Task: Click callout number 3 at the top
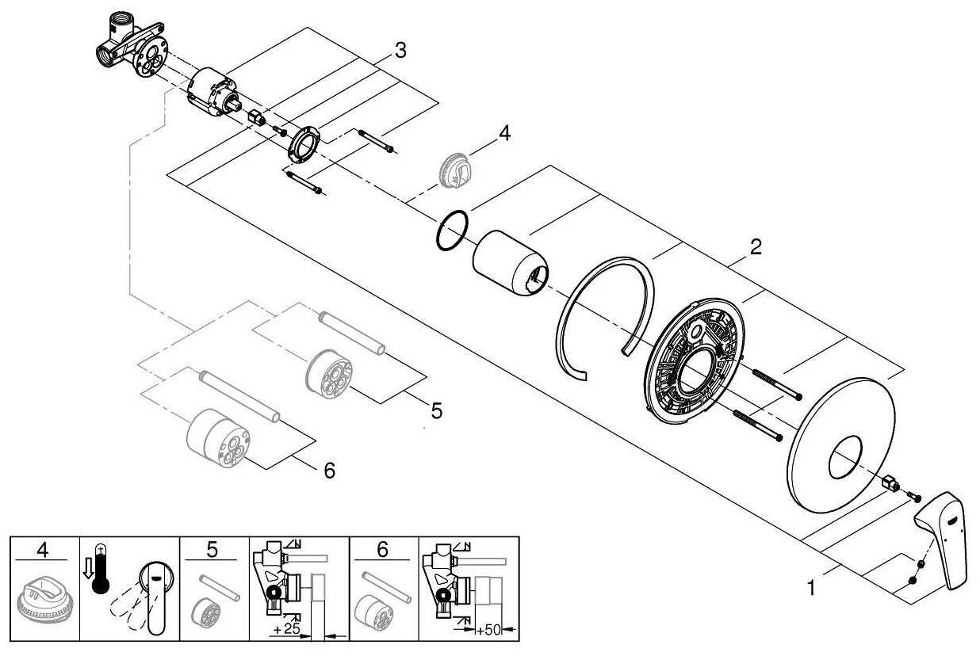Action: click(400, 51)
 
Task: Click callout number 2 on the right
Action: click(756, 246)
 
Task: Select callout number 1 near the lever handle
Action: click(810, 588)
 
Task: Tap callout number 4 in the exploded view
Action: click(504, 133)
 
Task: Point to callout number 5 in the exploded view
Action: click(436, 410)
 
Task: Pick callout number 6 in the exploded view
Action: click(329, 470)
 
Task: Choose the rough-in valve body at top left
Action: click(131, 52)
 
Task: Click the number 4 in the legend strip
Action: click(42, 549)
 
